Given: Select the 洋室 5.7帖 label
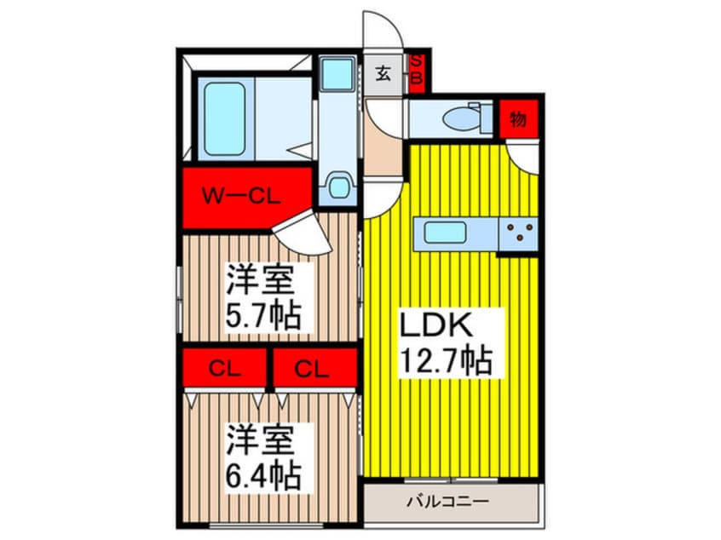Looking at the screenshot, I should tap(262, 297).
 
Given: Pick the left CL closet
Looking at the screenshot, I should tap(224, 369).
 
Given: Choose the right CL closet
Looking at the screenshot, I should tap(312, 369).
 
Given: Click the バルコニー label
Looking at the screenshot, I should tap(452, 501).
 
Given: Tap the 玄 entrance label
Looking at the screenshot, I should tap(384, 74).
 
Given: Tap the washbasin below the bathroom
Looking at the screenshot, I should tap(338, 185).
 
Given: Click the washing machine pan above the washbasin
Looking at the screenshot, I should tap(338, 74).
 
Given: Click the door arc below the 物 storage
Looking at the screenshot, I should tap(521, 157).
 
